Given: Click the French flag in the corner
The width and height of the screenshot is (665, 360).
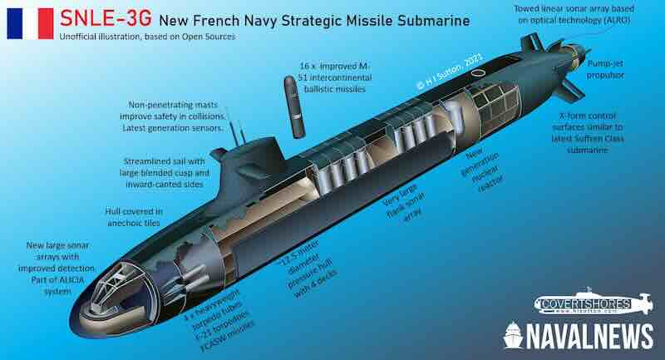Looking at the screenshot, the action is [30, 24].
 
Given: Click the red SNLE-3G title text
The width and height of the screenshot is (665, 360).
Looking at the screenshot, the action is [106, 18].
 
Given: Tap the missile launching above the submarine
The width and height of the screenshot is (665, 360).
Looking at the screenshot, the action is [294, 106].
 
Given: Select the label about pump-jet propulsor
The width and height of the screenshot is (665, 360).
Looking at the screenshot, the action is [606, 69].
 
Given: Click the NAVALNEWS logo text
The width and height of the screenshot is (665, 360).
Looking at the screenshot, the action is [579, 336].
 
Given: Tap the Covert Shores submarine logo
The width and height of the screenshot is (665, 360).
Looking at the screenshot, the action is [594, 303].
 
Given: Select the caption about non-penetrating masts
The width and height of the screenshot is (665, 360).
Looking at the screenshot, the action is [173, 116].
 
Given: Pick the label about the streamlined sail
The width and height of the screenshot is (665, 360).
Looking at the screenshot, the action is [165, 173].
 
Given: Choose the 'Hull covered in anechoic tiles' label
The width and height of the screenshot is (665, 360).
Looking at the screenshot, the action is [134, 217].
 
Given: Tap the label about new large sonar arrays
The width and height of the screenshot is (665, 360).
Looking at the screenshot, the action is [57, 268].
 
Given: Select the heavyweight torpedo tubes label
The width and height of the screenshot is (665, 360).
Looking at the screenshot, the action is [219, 320].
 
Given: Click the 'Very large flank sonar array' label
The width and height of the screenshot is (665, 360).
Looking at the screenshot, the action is [403, 203].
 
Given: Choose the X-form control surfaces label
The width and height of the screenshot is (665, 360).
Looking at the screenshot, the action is [588, 133].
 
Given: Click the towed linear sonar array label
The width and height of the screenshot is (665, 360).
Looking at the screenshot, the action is [574, 14].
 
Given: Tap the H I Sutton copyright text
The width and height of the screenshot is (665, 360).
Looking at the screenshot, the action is [450, 71].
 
